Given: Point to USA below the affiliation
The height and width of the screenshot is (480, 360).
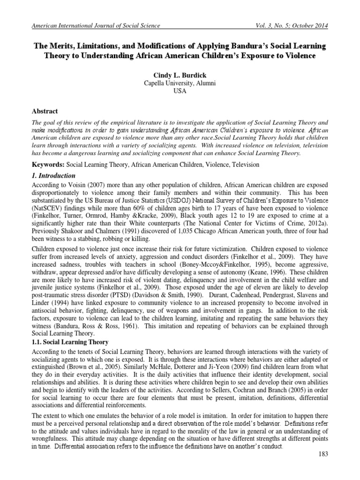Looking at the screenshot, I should pos(180,91).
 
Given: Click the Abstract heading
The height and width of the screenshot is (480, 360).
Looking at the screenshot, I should pos(45,111).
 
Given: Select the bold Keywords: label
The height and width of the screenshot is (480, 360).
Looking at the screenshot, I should pos(48,165).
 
